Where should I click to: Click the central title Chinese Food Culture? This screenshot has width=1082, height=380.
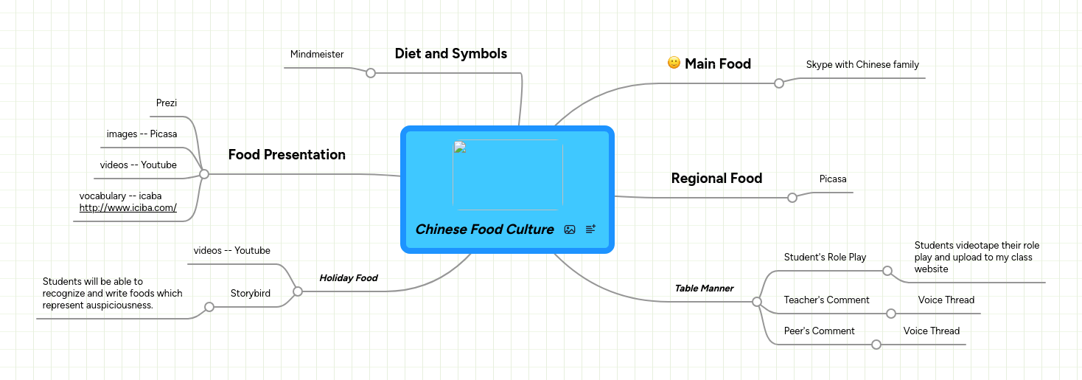pyautogui.click(x=484, y=229)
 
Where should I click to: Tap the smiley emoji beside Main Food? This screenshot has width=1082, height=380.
pyautogui.click(x=674, y=63)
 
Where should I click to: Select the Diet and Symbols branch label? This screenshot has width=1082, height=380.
pyautogui.click(x=450, y=53)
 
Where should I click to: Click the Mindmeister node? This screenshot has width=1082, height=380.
pyautogui.click(x=317, y=54)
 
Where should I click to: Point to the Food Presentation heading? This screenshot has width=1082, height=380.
pyautogui.click(x=287, y=154)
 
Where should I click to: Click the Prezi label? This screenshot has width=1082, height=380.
pyautogui.click(x=167, y=103)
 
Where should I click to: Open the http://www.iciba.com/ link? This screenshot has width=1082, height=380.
pyautogui.click(x=128, y=208)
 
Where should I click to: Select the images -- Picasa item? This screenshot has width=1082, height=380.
pyautogui.click(x=142, y=134)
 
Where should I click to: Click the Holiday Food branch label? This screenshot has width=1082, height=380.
pyautogui.click(x=348, y=278)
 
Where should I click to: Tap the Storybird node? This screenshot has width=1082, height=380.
pyautogui.click(x=250, y=293)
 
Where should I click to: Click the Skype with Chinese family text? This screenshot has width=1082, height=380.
pyautogui.click(x=862, y=64)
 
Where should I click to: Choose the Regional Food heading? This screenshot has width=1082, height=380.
pyautogui.click(x=716, y=178)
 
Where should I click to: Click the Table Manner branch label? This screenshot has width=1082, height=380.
pyautogui.click(x=704, y=289)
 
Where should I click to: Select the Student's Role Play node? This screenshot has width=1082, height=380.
pyautogui.click(x=825, y=257)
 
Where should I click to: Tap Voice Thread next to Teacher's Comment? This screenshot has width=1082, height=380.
pyautogui.click(x=946, y=300)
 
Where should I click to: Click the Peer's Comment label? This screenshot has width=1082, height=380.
pyautogui.click(x=819, y=331)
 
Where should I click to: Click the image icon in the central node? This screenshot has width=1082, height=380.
pyautogui.click(x=570, y=229)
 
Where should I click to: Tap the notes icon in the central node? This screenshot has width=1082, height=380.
pyautogui.click(x=590, y=229)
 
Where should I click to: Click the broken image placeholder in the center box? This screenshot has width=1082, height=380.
pyautogui.click(x=508, y=175)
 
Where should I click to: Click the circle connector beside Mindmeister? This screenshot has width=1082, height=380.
pyautogui.click(x=371, y=73)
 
